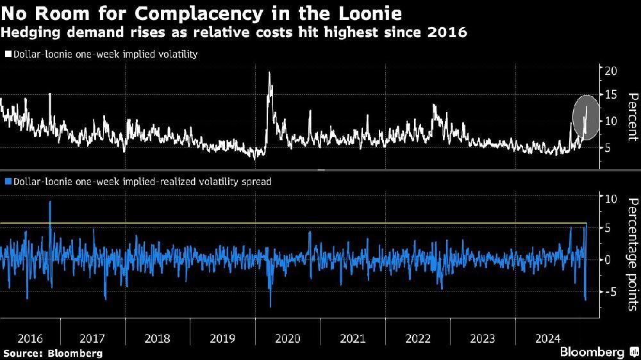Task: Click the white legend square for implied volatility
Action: (x=7, y=54)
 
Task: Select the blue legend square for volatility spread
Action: (x=7, y=182)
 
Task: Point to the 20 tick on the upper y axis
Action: (x=611, y=70)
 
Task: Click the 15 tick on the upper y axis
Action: (x=611, y=95)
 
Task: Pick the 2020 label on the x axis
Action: (x=288, y=338)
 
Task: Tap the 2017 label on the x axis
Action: (x=93, y=338)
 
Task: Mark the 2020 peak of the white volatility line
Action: (x=269, y=73)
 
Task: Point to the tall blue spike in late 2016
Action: (x=50, y=204)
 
